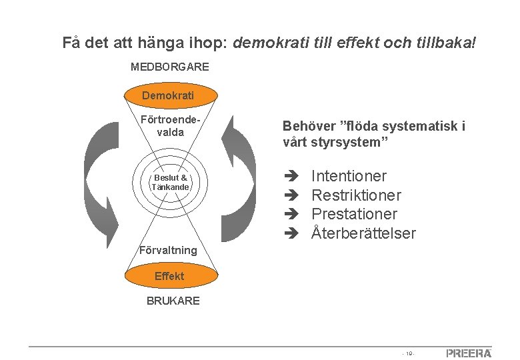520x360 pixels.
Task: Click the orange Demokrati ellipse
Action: pyautogui.click(x=168, y=95)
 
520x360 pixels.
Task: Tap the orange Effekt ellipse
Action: pyautogui.click(x=169, y=276)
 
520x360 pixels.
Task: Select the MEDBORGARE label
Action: pyautogui.click(x=169, y=67)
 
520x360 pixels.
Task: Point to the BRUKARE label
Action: pyautogui.click(x=173, y=301)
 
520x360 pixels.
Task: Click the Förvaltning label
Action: pyautogui.click(x=168, y=250)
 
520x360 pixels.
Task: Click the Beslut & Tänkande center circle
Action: pyautogui.click(x=171, y=182)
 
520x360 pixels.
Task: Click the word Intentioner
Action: pyautogui.click(x=349, y=177)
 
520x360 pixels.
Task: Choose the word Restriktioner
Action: pyautogui.click(x=356, y=195)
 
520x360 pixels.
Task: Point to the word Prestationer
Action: pyautogui.click(x=354, y=214)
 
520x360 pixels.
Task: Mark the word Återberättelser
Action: pyautogui.click(x=363, y=233)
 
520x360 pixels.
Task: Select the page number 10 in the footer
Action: pyautogui.click(x=409, y=353)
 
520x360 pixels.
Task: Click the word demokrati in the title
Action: pyautogui.click(x=266, y=43)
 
